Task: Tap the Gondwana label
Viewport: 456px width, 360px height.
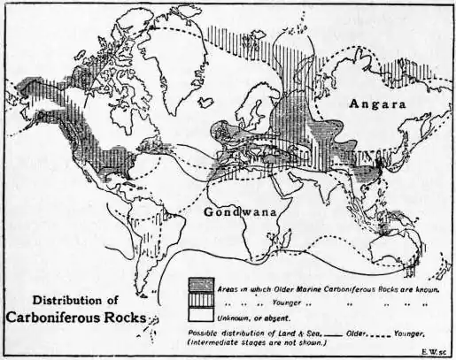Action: [239, 212]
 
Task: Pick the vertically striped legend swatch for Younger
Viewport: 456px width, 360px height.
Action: [201, 301]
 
